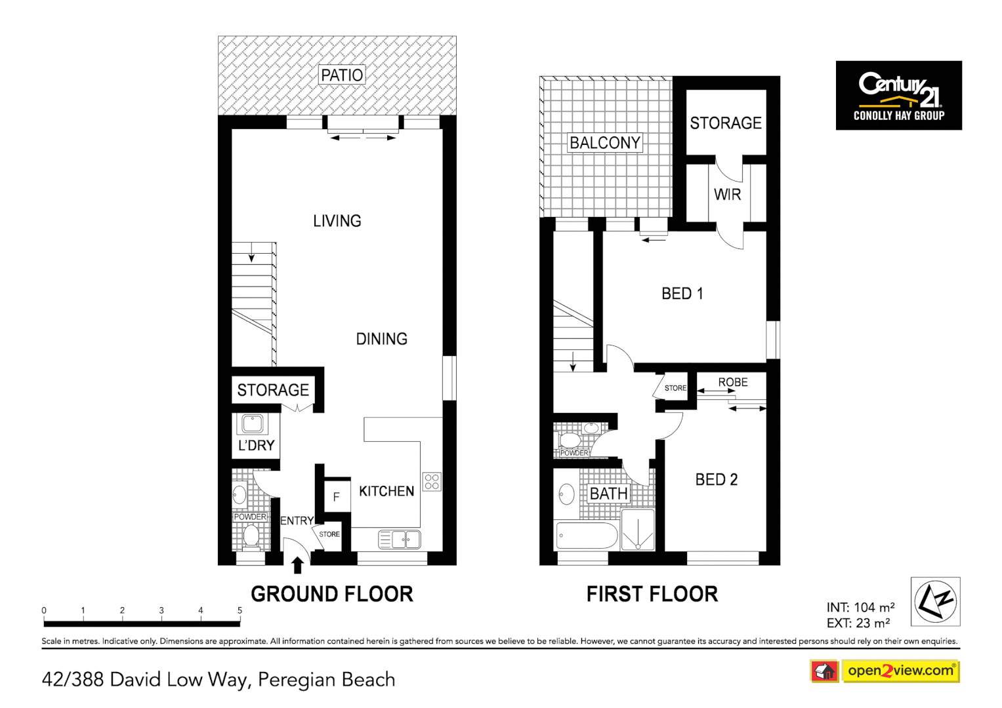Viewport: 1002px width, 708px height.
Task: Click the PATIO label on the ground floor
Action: (x=342, y=75)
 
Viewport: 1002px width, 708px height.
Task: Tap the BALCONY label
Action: (x=605, y=143)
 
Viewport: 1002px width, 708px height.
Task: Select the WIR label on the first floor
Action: (x=727, y=195)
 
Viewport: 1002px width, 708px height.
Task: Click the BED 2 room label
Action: (x=716, y=480)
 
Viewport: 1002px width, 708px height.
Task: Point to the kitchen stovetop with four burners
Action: (x=432, y=482)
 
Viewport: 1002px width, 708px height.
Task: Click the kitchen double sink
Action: (x=400, y=539)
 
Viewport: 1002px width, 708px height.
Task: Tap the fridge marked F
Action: (x=337, y=496)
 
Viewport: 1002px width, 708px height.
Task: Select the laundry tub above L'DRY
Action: (x=252, y=423)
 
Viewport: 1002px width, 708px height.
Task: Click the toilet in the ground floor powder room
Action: (x=251, y=536)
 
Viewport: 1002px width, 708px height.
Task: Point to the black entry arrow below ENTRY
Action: (x=298, y=565)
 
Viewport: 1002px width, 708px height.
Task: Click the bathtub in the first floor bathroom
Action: (x=587, y=536)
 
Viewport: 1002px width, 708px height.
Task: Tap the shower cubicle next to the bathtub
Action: (x=638, y=530)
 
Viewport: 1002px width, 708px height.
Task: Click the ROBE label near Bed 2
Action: (x=733, y=382)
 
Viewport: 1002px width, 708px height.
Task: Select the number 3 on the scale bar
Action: (x=161, y=610)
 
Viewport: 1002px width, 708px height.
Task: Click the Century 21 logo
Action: (x=899, y=96)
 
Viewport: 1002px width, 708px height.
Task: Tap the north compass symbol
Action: (x=935, y=601)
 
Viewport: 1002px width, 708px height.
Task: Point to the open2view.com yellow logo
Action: (x=901, y=671)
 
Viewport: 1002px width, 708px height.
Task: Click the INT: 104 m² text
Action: (x=860, y=608)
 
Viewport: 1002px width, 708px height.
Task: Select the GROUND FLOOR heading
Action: (x=332, y=594)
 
